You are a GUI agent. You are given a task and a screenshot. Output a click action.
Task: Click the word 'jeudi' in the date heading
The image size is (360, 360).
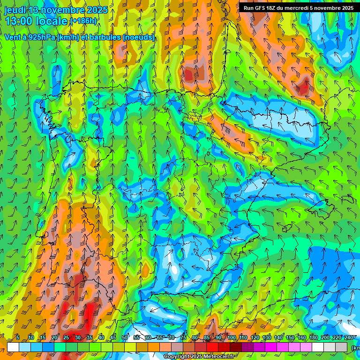15,10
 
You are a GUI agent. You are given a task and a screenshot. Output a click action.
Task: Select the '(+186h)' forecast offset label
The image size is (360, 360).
83,21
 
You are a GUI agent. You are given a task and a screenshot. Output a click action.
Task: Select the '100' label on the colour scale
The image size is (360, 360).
232,337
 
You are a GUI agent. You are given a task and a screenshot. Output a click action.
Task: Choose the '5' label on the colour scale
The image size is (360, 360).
18,337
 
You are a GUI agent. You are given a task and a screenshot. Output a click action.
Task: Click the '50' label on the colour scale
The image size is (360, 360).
125,337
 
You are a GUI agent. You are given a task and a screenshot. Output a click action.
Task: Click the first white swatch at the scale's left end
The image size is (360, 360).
13,347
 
